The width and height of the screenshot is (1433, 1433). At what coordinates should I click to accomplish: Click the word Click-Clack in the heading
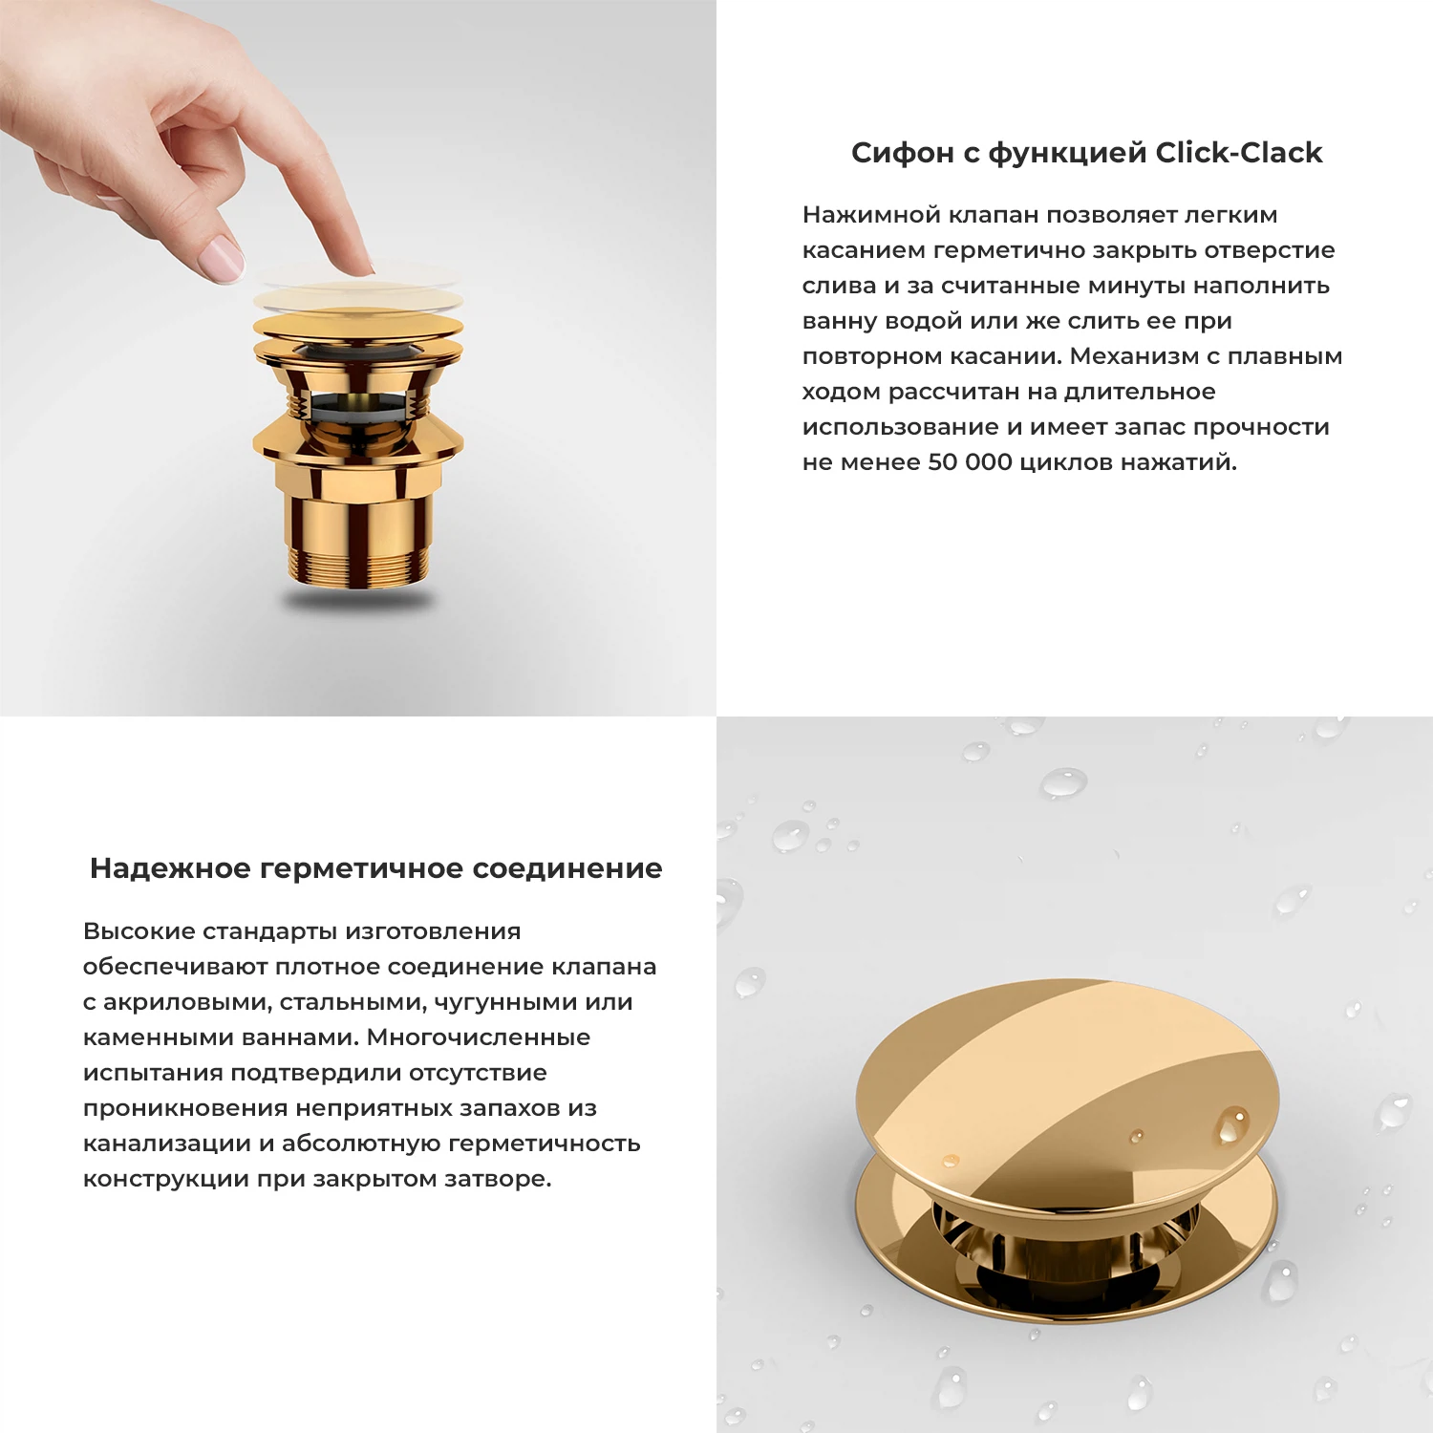[x=1238, y=153]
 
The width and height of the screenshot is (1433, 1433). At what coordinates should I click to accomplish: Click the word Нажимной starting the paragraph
[x=871, y=215]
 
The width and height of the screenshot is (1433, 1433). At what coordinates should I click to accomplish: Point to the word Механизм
[x=1133, y=356]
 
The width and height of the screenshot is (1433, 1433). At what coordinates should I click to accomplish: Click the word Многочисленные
[x=479, y=1037]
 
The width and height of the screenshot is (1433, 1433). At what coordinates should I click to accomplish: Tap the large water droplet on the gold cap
[x=1231, y=1124]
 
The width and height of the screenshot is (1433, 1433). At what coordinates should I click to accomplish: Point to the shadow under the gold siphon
[x=357, y=600]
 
